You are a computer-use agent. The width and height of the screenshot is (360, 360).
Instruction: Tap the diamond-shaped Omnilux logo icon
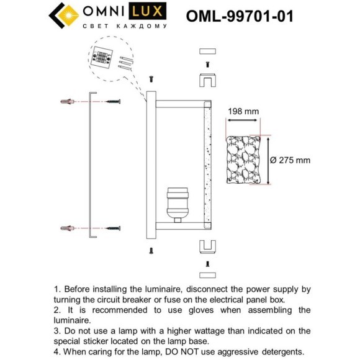click(x=62, y=16)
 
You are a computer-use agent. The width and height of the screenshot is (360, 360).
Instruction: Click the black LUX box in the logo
click(x=150, y=12)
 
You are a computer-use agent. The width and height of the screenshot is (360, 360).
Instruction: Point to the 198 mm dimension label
click(x=243, y=112)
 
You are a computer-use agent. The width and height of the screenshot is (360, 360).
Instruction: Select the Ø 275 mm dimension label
click(x=290, y=160)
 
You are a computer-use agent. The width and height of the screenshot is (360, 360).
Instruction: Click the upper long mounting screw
click(x=109, y=101)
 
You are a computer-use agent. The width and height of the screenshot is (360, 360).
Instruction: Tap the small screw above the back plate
click(x=151, y=79)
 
